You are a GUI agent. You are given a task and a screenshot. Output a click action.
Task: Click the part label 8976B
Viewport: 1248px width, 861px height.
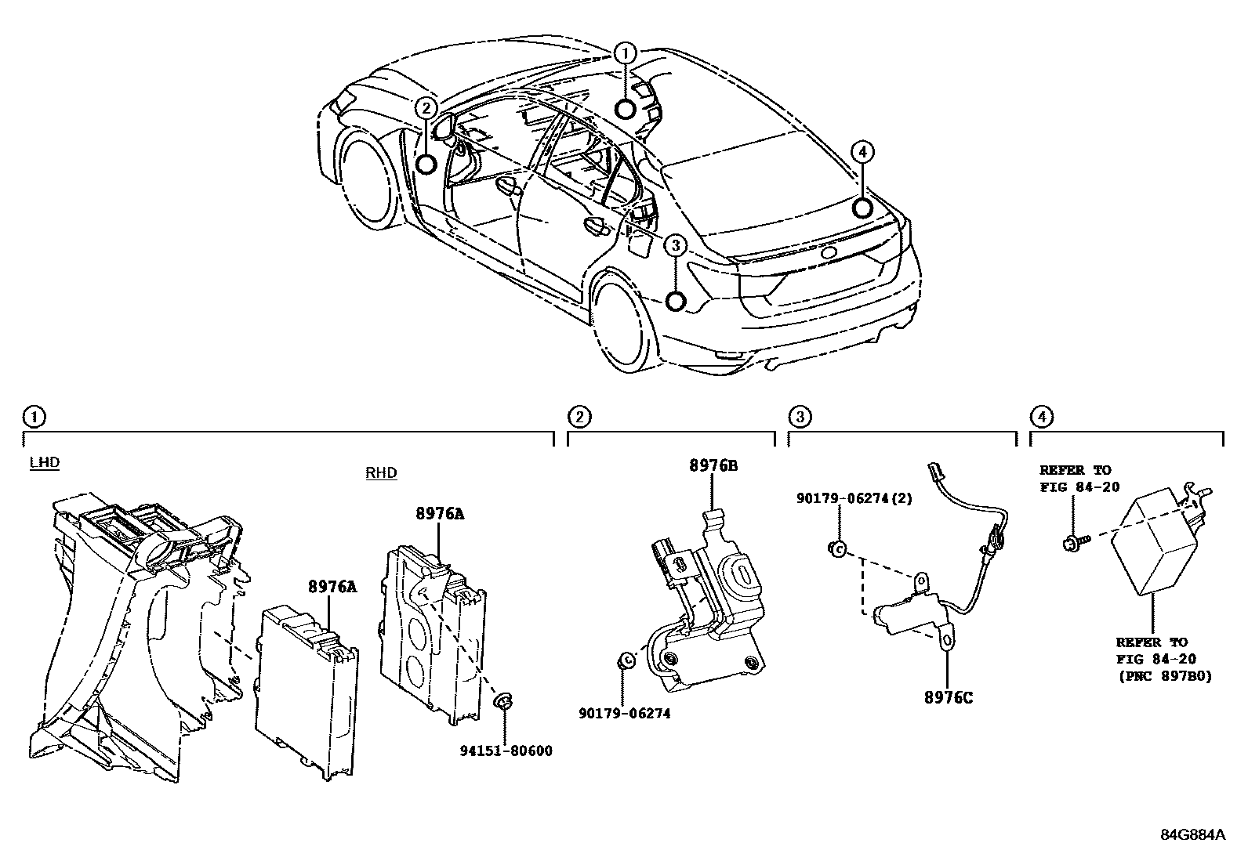pyautogui.click(x=713, y=465)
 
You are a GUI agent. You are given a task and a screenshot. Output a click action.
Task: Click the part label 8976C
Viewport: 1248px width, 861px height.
pyautogui.click(x=947, y=697)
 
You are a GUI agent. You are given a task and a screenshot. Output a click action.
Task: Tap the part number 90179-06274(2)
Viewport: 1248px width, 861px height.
pyautogui.click(x=854, y=498)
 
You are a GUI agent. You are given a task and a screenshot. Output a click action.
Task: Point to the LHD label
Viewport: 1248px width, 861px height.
pyautogui.click(x=44, y=462)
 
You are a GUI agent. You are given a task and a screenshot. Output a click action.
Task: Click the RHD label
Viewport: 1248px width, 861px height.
pyautogui.click(x=381, y=472)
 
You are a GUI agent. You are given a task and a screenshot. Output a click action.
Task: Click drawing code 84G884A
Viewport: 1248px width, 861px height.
pyautogui.click(x=1192, y=834)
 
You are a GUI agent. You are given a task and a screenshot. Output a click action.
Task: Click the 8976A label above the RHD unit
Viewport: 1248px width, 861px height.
pyautogui.click(x=440, y=514)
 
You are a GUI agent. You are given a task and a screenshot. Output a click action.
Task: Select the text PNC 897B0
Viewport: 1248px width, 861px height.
pyautogui.click(x=1164, y=676)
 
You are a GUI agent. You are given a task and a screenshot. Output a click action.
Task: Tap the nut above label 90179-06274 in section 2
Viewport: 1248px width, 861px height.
pyautogui.click(x=625, y=660)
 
